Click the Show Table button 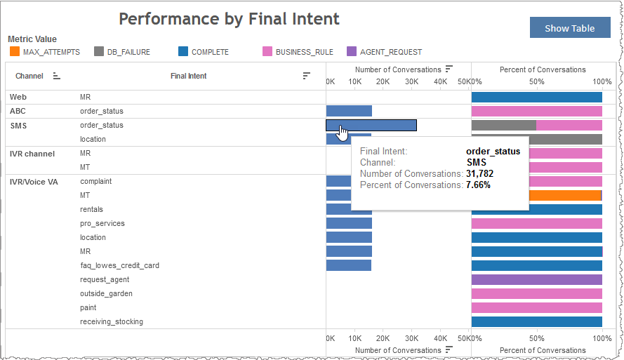coord(569,28)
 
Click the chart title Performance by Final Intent coord(229,19)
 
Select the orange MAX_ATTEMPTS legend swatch coord(15,51)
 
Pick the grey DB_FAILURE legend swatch coord(99,51)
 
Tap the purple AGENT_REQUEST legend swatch coord(352,51)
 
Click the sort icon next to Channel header coord(57,76)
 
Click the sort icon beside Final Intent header coord(306,76)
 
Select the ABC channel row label coord(18,111)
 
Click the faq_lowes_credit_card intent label coord(119,265)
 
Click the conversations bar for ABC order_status coord(349,111)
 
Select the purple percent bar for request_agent coord(537,279)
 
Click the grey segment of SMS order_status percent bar coord(504,125)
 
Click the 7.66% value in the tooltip coord(478,185)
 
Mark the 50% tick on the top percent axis coord(536,82)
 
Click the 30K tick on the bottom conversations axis coord(412,338)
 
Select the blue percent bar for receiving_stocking coord(537,321)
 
